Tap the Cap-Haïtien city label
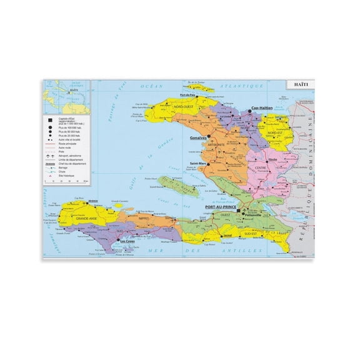[262, 109]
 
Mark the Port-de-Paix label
[188, 95]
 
